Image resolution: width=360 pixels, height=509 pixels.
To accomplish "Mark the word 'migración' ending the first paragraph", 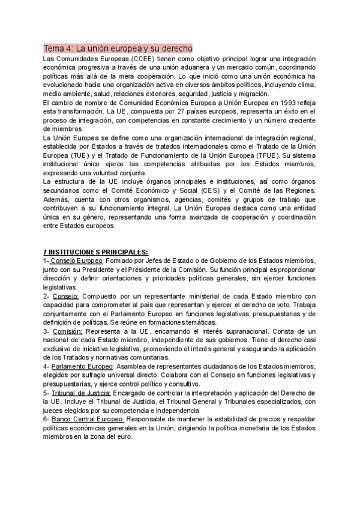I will click(251, 94).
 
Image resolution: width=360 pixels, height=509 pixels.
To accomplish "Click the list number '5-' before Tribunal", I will click(46, 393).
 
